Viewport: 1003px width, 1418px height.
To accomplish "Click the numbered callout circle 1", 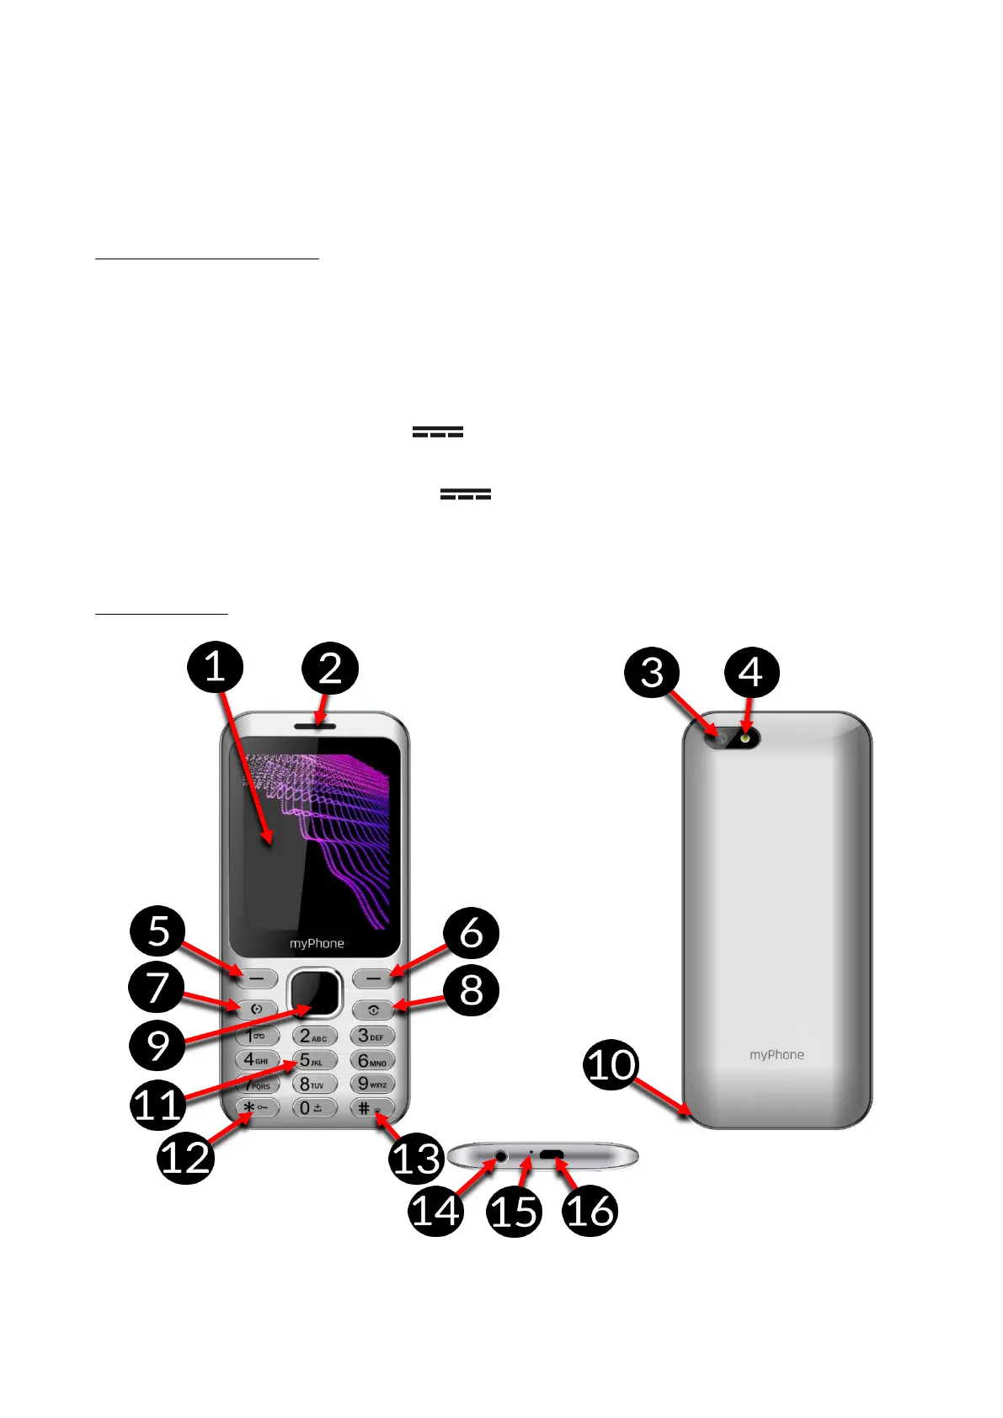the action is (x=215, y=668).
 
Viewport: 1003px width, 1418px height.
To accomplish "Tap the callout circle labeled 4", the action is (x=751, y=673).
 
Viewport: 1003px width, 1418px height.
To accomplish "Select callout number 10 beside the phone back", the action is (x=611, y=1064).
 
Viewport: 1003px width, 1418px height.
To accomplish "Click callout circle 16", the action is (x=590, y=1210).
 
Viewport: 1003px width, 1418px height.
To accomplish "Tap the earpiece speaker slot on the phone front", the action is (x=315, y=725).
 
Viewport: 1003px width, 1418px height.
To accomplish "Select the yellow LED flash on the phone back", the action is (x=746, y=738).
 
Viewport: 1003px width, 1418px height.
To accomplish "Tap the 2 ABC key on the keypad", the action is (x=314, y=1036).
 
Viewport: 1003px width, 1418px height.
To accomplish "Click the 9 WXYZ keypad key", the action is (x=372, y=1084).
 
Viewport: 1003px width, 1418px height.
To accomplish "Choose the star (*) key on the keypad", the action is (x=256, y=1108).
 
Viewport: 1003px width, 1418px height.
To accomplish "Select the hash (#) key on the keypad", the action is (x=371, y=1108).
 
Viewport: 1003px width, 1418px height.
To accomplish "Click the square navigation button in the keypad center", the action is (x=314, y=993).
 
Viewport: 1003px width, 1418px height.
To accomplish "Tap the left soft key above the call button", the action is (x=256, y=978).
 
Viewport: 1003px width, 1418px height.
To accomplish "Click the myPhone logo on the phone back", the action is (x=776, y=1054).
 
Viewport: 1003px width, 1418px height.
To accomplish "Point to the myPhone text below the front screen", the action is (x=317, y=944).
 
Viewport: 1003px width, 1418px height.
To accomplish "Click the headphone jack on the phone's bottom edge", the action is (x=501, y=1156).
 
